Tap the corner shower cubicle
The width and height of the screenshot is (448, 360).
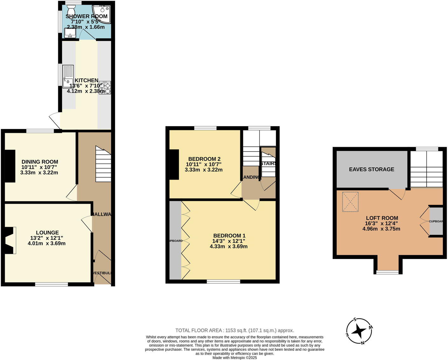(x=103, y=13)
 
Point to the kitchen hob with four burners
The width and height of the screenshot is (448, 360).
(x=105, y=88)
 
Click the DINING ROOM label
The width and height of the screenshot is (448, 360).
(x=40, y=162)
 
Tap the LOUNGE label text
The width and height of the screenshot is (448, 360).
(x=47, y=233)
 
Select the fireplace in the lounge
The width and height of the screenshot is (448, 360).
(x=10, y=240)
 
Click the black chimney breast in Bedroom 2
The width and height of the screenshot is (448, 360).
(x=174, y=165)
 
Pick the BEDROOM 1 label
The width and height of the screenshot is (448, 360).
(x=229, y=235)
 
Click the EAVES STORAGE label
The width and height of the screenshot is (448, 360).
(x=371, y=169)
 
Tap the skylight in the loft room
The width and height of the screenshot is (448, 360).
(x=350, y=202)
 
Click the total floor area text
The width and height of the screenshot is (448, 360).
(x=235, y=330)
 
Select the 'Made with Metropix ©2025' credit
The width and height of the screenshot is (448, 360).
(x=235, y=357)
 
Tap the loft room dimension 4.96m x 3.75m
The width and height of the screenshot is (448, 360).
(x=381, y=229)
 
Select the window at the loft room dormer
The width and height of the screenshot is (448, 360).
(x=387, y=272)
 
